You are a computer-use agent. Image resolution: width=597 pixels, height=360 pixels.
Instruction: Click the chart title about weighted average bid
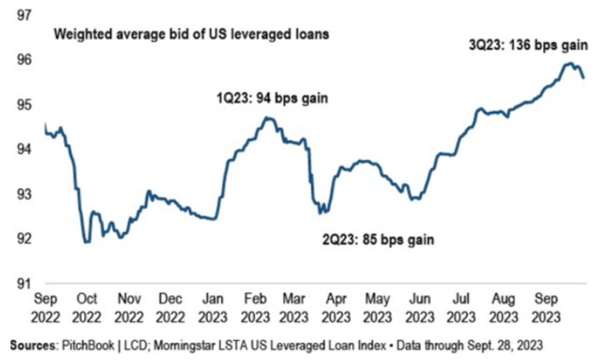[x=191, y=34]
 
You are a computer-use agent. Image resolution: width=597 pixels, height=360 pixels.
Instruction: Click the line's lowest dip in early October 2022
[x=87, y=241]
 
